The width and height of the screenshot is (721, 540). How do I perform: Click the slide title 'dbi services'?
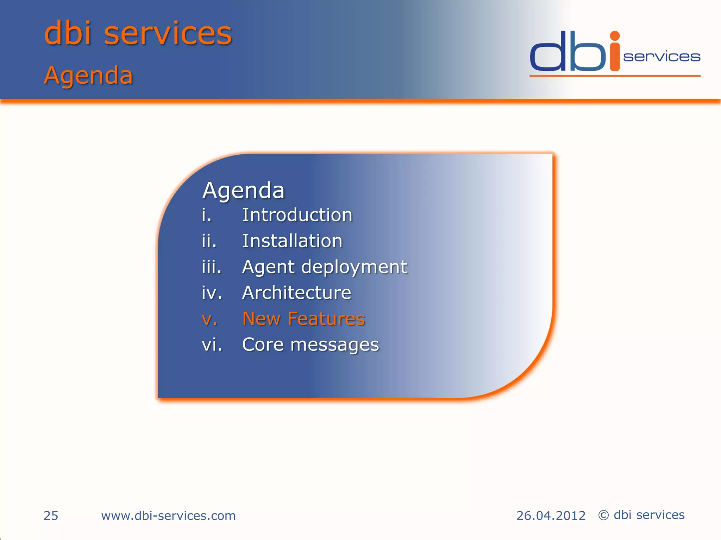coord(138,33)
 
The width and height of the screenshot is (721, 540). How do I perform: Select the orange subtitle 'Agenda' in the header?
coord(88,76)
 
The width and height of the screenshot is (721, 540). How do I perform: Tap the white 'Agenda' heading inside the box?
coord(243,191)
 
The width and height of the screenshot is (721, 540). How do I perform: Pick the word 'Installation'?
coord(292,241)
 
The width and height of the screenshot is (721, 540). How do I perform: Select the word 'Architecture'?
coord(296,293)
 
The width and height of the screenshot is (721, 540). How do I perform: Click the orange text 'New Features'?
coord(303,319)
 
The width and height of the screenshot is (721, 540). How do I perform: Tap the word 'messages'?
coord(334,345)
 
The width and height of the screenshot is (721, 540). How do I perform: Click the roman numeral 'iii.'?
coord(212,267)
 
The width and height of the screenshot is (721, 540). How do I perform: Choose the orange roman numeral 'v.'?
coord(209,319)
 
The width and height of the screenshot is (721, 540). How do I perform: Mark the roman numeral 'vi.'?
coord(212,345)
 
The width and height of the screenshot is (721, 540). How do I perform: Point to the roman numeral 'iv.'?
coord(212,293)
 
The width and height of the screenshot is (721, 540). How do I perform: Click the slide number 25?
coord(51,516)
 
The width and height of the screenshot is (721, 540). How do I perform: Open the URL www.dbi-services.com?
coord(168,516)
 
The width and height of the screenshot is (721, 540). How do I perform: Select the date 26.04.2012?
coord(551,516)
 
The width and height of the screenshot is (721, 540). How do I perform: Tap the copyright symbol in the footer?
coord(603,515)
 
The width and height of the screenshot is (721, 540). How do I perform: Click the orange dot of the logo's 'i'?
coord(615,36)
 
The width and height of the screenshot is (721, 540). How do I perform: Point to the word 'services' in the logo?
coord(662,57)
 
